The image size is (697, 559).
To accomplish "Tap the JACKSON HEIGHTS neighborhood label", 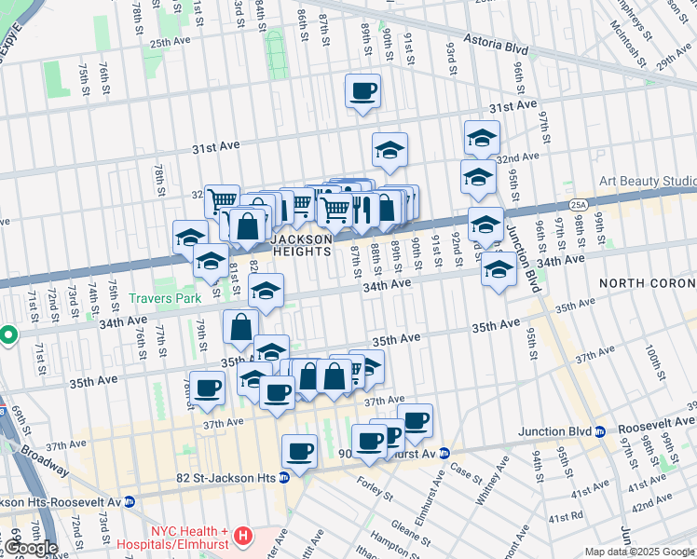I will tap(301, 246).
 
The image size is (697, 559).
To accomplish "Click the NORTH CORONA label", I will tap(648, 282).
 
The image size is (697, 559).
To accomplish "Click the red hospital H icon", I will tap(243, 536).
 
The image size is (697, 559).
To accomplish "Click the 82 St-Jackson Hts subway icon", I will tap(285, 478).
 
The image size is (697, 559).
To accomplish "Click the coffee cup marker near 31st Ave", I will tap(362, 90).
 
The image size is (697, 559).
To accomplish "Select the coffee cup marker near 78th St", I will tap(206, 388).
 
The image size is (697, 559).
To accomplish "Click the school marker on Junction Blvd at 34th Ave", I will tap(499, 270).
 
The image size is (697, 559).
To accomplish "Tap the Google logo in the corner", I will tap(31, 548).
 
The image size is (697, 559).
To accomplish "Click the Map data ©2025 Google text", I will tap(640, 552).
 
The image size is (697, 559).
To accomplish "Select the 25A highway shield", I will tap(578, 203).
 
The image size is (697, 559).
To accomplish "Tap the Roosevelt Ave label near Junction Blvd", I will tap(653, 431).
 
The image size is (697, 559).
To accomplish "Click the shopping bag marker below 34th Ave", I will tap(240, 327).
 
